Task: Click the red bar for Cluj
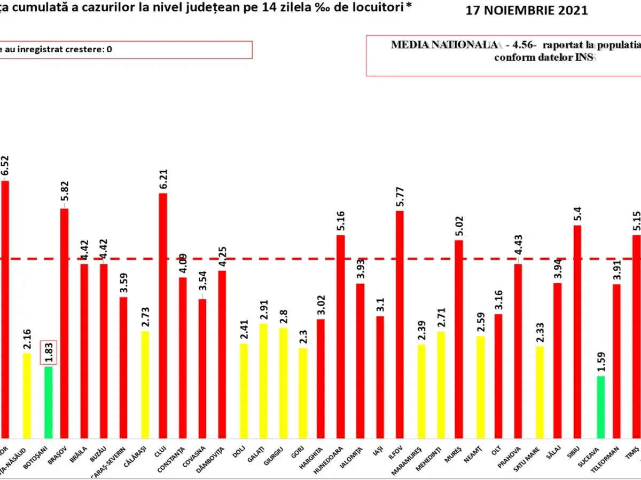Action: pyautogui.click(x=162, y=315)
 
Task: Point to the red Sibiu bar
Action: pyautogui.click(x=577, y=331)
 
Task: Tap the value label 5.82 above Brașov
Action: pyautogui.click(x=64, y=196)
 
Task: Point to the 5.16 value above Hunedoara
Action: pyautogui.click(x=340, y=222)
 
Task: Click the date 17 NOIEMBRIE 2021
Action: pyautogui.click(x=527, y=11)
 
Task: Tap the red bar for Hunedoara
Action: pyautogui.click(x=340, y=336)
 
